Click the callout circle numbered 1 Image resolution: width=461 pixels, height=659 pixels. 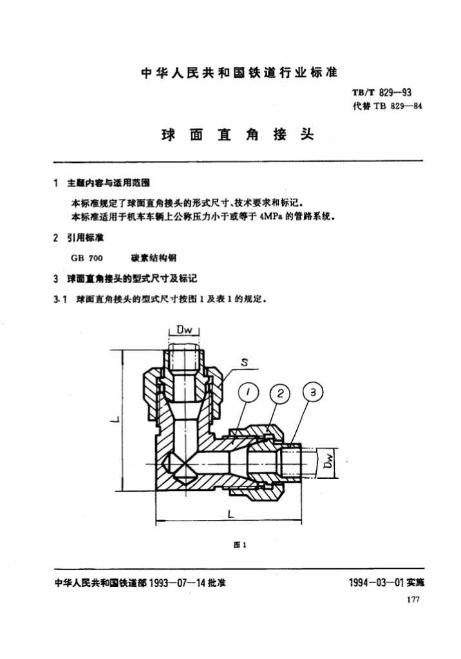point(248,393)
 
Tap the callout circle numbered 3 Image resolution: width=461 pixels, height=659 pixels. point(313,392)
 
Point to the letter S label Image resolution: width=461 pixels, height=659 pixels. point(245,362)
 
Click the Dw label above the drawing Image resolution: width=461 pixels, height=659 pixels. point(183,330)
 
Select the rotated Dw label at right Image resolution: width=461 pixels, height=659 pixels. point(330,462)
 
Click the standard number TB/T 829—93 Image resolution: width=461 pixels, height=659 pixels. point(382,93)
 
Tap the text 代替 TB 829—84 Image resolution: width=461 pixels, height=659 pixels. point(387,106)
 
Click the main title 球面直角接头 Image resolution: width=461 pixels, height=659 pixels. point(237,135)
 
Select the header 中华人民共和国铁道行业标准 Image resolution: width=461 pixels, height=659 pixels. point(239,73)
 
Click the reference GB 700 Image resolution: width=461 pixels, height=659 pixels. point(87,257)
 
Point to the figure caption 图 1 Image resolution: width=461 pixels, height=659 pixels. point(240,544)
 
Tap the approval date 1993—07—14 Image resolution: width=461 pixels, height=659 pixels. point(177,582)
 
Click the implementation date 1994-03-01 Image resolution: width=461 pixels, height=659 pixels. point(377,582)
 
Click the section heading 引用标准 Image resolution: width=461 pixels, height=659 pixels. point(86,237)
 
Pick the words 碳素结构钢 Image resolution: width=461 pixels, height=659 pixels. point(153,257)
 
